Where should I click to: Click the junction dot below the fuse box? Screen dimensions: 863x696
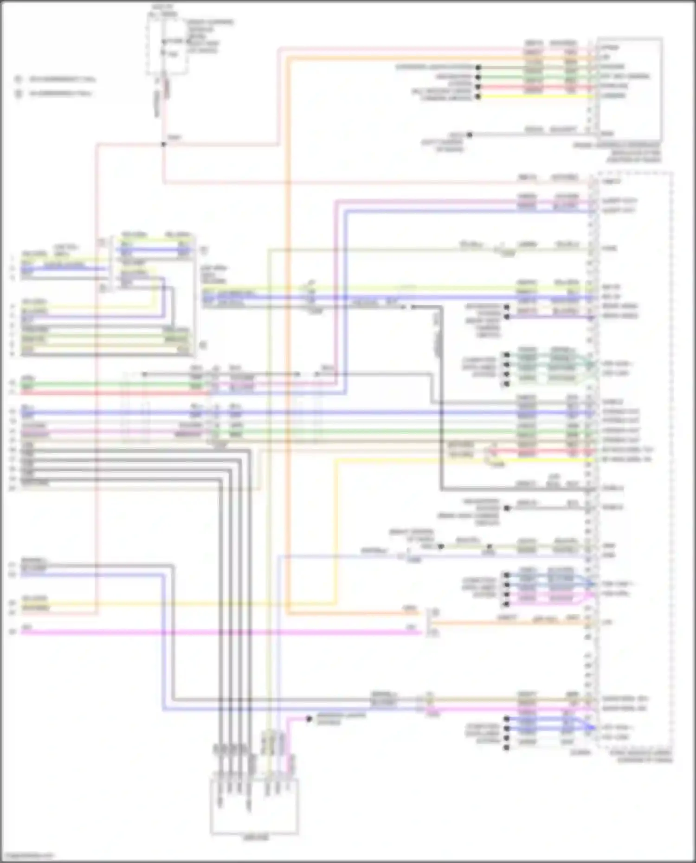(163, 144)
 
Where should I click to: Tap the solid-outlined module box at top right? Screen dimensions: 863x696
(629, 89)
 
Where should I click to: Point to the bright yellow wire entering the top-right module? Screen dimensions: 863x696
(534, 96)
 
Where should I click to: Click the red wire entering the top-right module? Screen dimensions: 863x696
(534, 87)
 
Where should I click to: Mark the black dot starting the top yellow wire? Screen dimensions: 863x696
(478, 96)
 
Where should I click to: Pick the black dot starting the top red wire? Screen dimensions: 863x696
(478, 87)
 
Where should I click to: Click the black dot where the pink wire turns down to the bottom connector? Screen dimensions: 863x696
(309, 719)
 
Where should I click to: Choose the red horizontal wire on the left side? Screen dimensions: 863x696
(111, 393)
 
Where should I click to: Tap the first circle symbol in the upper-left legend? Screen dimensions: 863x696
(19, 79)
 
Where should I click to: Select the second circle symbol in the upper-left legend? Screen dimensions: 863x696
(19, 94)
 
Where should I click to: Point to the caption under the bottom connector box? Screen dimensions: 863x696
(255, 838)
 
